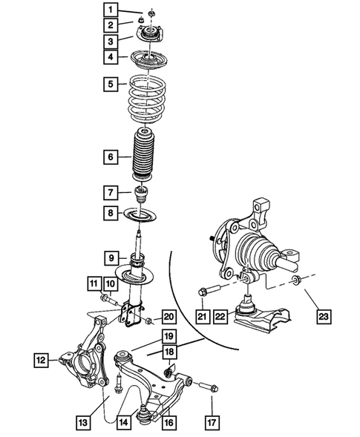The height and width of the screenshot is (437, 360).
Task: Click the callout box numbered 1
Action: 110,10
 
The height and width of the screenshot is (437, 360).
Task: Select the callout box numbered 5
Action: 110,85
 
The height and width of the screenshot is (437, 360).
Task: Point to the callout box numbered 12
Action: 41,361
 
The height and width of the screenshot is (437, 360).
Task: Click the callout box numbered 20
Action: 168,316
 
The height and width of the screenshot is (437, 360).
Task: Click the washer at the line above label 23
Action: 298,280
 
